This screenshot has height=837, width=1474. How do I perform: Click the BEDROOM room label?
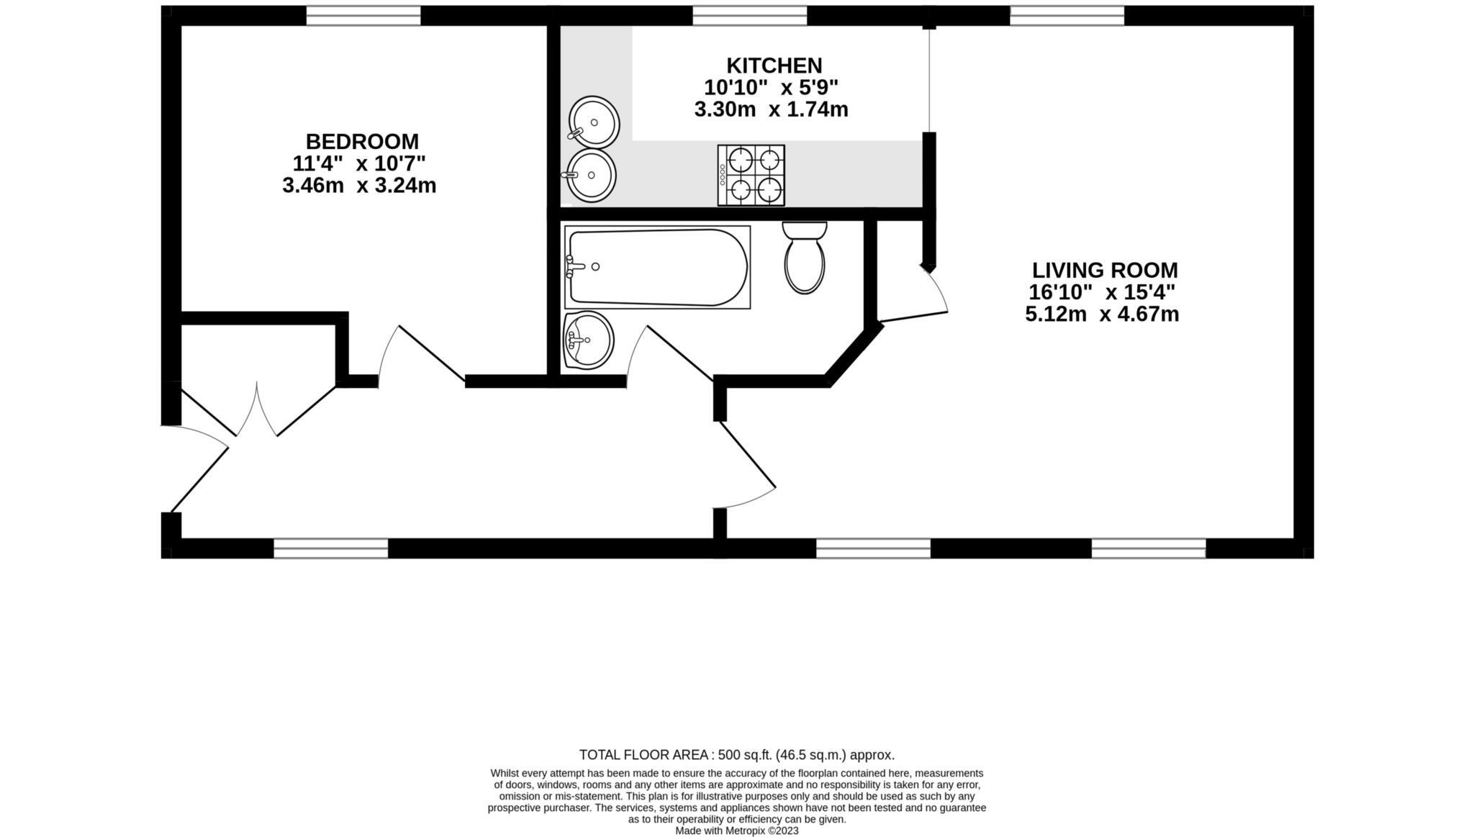tap(362, 141)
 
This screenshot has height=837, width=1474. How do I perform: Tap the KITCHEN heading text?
tap(774, 65)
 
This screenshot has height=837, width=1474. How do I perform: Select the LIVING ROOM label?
tap(1105, 271)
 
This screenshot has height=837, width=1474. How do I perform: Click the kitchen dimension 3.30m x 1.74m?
tap(771, 110)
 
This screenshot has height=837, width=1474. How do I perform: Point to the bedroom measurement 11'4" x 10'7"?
tap(359, 163)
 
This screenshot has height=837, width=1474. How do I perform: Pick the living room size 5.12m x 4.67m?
tap(1102, 315)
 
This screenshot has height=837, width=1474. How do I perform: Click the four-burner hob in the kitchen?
tap(751, 175)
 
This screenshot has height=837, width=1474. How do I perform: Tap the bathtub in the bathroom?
tap(657, 268)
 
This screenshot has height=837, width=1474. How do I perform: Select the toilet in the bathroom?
tap(804, 258)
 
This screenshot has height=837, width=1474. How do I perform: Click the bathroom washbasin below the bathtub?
tap(588, 340)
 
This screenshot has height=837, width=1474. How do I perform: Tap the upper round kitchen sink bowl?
tap(594, 122)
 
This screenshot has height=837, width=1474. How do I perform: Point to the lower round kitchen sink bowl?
tap(591, 176)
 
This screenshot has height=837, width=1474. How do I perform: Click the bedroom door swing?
tap(421, 353)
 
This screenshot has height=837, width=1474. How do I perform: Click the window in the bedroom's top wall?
tap(363, 15)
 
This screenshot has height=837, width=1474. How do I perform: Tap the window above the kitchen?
tap(749, 15)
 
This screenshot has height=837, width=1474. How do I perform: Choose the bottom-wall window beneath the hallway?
tap(330, 548)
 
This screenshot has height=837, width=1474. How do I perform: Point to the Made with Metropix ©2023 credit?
tap(736, 831)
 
